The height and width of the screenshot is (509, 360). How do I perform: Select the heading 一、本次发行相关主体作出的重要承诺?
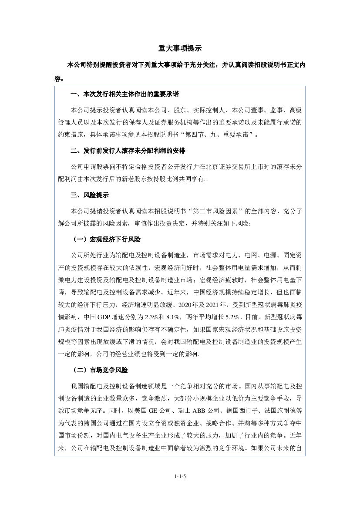pos(125,94)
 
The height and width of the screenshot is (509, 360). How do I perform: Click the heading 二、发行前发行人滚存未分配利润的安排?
pos(128,151)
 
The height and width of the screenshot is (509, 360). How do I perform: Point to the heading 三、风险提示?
pos(90,195)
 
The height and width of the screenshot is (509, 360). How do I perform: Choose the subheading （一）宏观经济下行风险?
pos(106,240)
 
